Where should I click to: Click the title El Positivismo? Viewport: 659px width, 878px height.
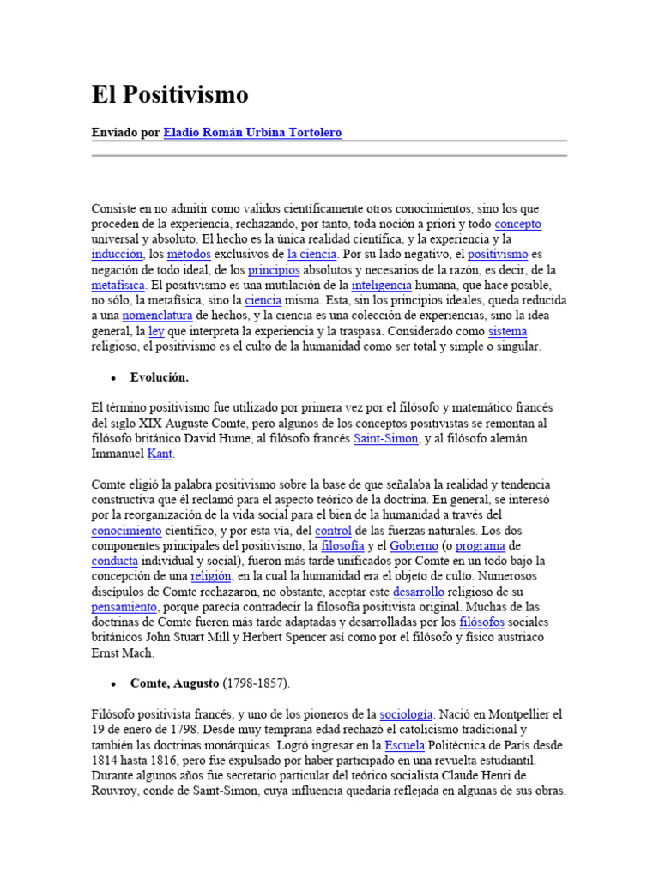point(170,95)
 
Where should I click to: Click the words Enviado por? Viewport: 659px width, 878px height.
point(125,133)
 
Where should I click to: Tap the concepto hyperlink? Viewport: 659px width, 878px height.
point(518,224)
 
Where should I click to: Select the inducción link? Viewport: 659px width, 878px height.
point(116,255)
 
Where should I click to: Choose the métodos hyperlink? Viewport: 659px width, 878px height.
point(189,255)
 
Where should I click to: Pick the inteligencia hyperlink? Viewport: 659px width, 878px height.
point(382,285)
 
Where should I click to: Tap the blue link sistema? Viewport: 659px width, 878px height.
point(507,331)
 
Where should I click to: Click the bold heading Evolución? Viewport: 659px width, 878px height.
point(160,377)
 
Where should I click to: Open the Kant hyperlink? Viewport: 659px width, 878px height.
point(160,454)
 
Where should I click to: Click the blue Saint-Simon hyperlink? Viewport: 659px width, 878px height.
point(386,438)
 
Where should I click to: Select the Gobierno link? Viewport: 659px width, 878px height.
point(414,545)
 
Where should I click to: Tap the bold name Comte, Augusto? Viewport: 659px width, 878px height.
point(175,683)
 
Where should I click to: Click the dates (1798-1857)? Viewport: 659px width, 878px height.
point(257,683)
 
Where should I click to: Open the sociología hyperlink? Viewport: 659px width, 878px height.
point(407,713)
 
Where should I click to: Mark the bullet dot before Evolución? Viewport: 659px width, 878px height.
point(113,378)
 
